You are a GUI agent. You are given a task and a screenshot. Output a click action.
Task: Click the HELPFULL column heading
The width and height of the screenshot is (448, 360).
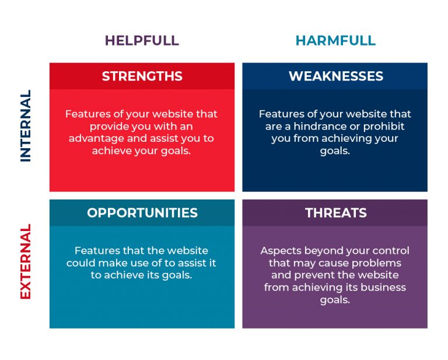pos(142,40)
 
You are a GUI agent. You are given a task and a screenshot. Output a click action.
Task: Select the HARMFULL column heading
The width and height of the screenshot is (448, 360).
pos(335,40)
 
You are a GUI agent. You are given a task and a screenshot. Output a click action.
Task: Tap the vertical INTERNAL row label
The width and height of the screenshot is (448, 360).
pos(26,125)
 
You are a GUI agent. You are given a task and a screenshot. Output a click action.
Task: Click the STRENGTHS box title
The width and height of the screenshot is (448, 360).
pos(142,76)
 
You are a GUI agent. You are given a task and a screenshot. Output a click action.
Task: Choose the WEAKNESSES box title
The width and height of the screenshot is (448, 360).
pos(335,76)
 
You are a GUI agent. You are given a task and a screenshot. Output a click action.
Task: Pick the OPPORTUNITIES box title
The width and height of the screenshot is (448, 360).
pos(142,213)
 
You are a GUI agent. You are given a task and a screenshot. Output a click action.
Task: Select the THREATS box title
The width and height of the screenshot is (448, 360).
pos(335,213)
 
